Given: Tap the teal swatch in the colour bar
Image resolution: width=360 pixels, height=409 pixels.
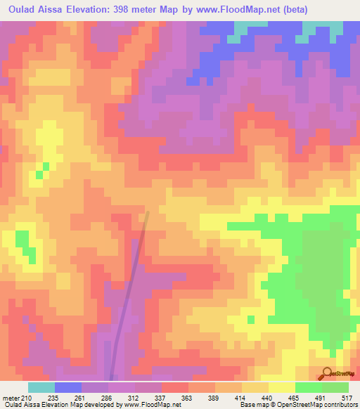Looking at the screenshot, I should point(41,387).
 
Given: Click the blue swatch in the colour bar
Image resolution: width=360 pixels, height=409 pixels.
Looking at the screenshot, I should point(68,387).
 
